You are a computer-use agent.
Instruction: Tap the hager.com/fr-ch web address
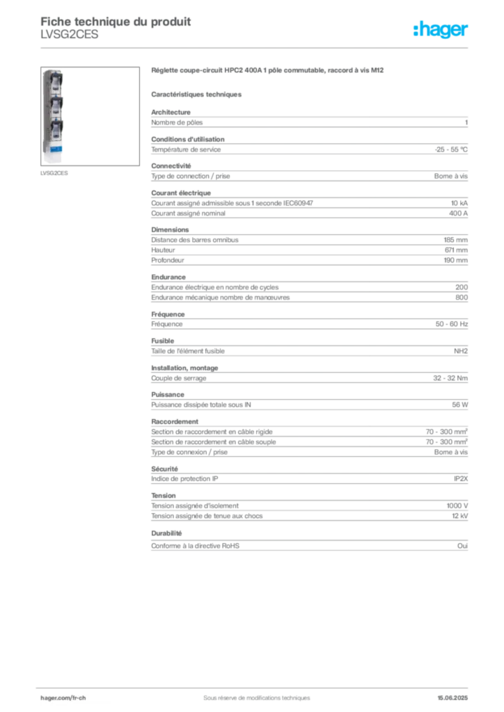(63, 697)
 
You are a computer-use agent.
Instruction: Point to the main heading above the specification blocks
(268, 71)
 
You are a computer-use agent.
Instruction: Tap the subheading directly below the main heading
(198, 94)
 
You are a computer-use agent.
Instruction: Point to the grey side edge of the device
(42, 118)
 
